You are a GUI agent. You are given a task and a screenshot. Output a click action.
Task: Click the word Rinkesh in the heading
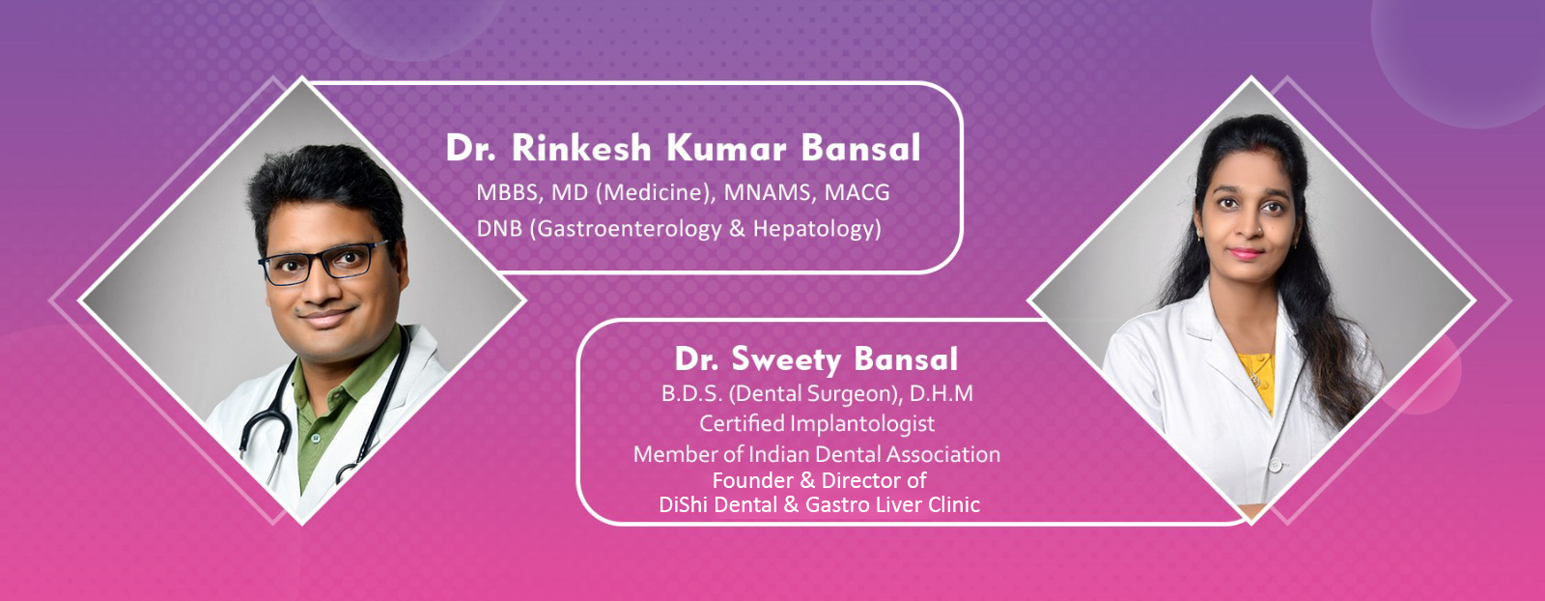[580, 148]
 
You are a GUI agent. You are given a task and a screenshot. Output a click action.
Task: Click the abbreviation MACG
[857, 192]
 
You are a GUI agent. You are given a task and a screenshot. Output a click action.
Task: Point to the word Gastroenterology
[629, 229]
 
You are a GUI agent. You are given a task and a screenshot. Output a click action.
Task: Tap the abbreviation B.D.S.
[691, 394]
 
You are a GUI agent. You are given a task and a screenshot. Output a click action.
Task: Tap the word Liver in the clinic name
[899, 505]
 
